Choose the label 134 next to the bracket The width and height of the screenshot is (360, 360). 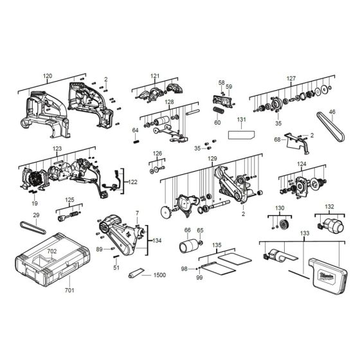[x=157, y=240]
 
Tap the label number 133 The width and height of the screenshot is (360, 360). [x=303, y=233]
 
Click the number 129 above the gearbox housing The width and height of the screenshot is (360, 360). [x=212, y=158]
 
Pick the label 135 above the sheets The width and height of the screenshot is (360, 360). [x=217, y=245]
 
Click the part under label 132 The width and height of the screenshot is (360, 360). [x=328, y=224]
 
